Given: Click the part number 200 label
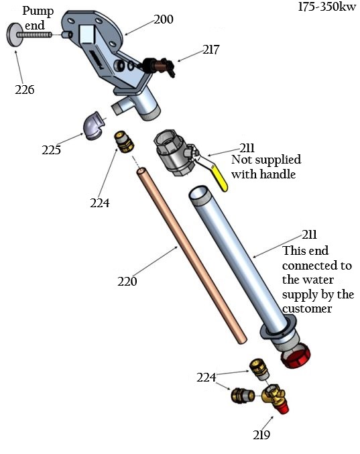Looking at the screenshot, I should click(163, 19).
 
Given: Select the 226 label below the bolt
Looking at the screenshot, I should click(24, 89).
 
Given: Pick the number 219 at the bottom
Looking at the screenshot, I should click(261, 435).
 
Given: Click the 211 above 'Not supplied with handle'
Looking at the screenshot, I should click(248, 148).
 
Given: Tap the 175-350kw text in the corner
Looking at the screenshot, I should click(326, 8).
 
